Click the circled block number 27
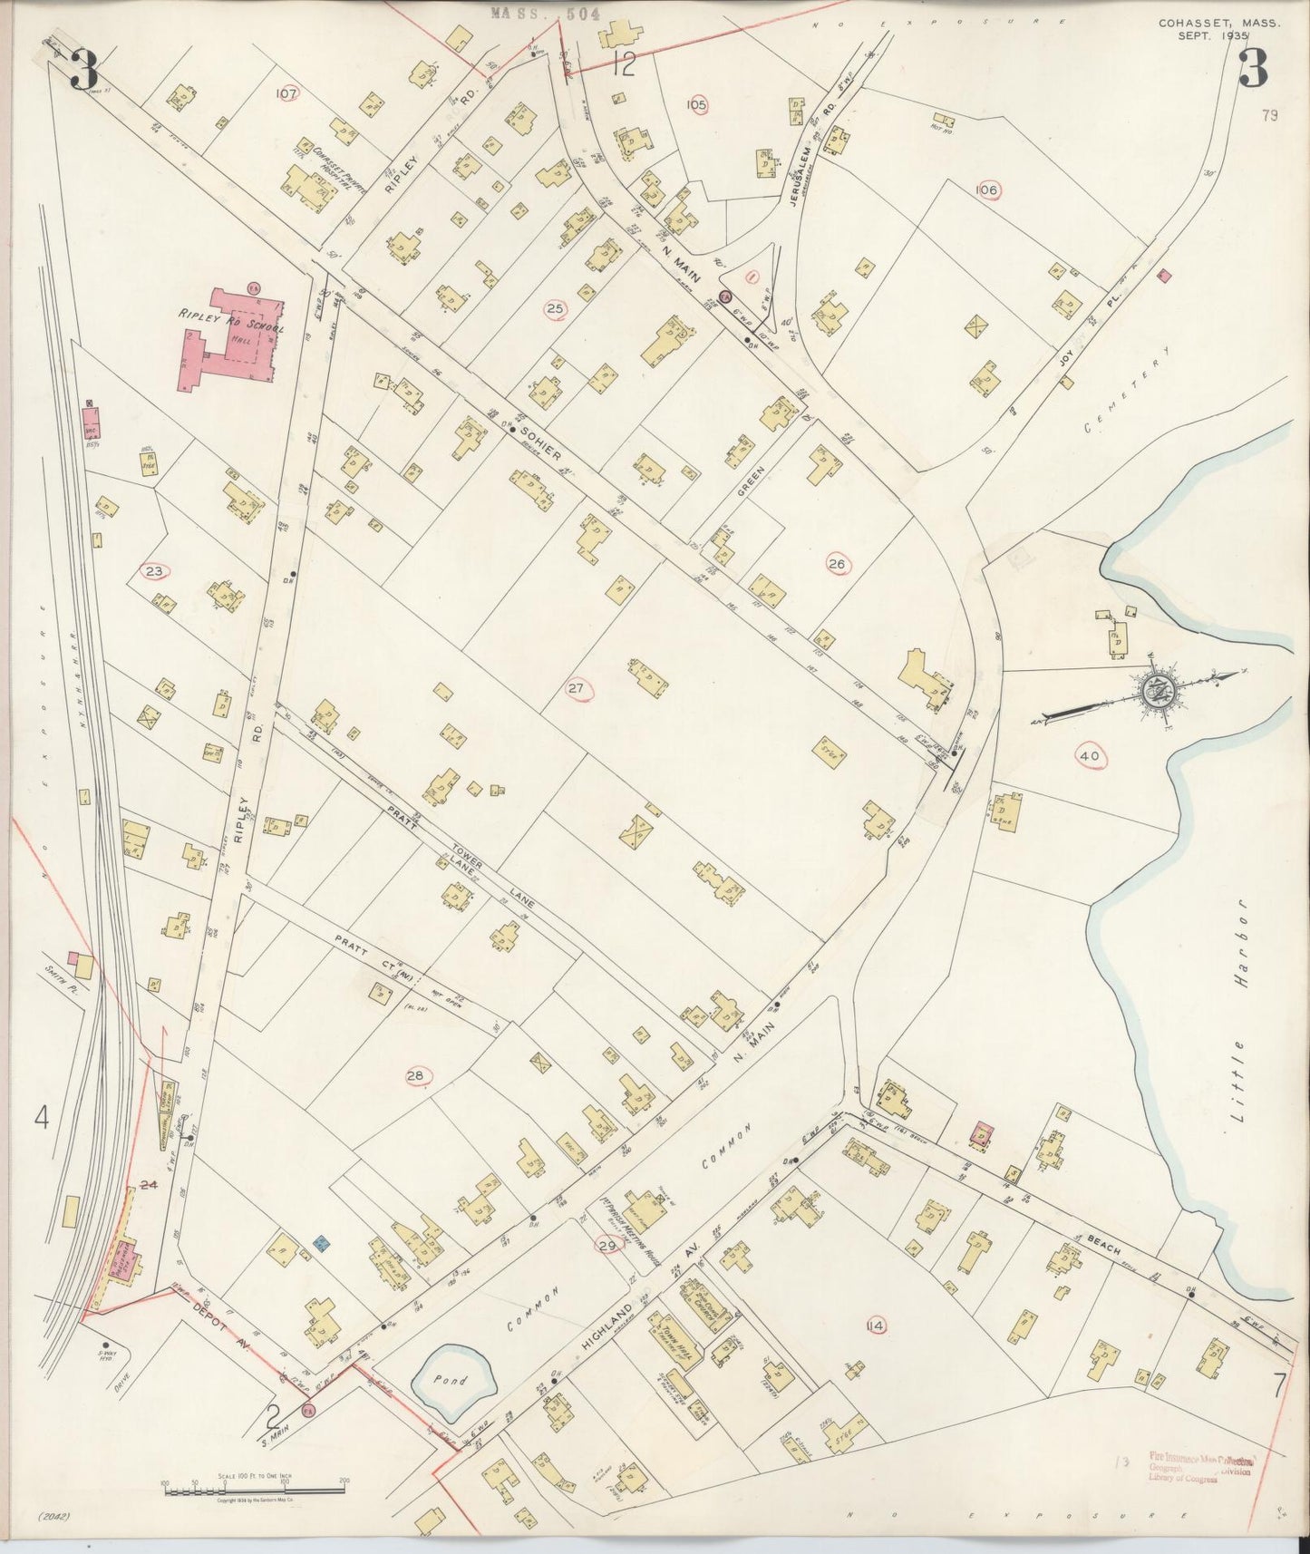[x=577, y=688]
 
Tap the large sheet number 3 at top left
[x=85, y=69]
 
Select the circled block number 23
[x=154, y=570]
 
